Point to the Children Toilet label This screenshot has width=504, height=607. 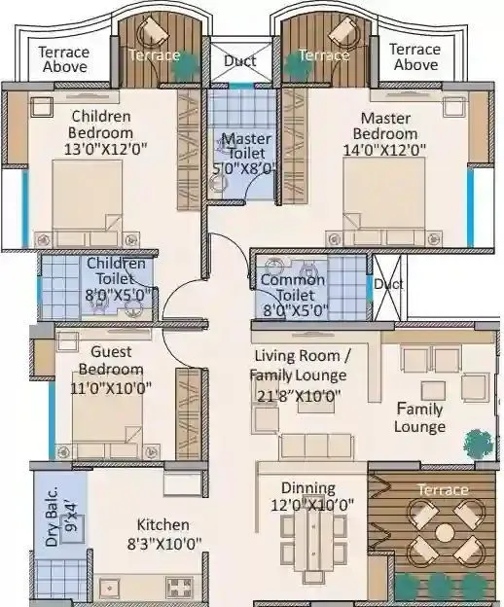pos(116,263)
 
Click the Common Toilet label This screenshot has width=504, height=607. pos(293,287)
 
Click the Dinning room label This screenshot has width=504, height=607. pos(307,487)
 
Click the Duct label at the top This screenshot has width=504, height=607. pos(239,60)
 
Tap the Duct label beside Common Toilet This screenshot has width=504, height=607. pos(388,285)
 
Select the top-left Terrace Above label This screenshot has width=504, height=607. pos(64,59)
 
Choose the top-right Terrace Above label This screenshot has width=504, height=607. pos(415,56)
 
